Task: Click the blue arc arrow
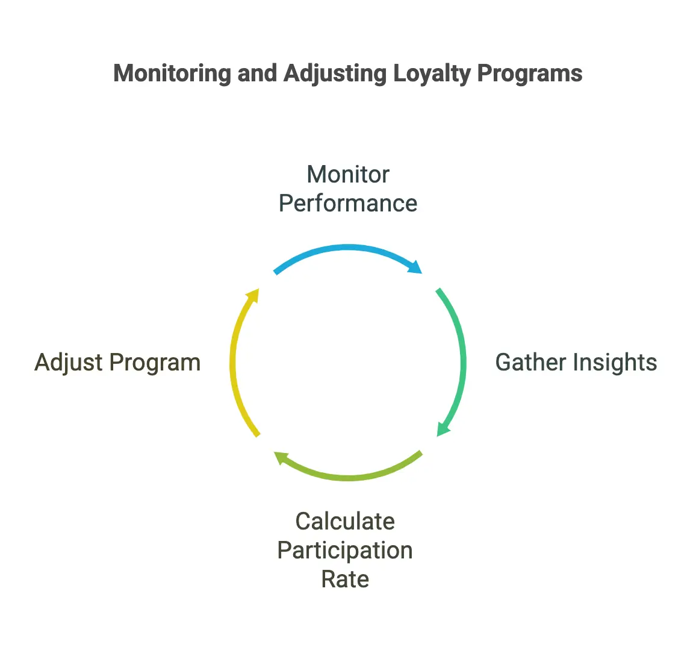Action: (x=348, y=247)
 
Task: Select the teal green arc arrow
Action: (x=463, y=362)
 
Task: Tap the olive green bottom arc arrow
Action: (x=348, y=478)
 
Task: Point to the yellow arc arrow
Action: (x=232, y=362)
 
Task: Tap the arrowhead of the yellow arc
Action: (x=253, y=295)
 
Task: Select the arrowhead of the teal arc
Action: (x=443, y=429)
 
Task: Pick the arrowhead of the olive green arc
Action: (x=281, y=457)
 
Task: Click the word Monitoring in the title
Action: (x=172, y=73)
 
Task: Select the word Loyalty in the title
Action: (x=432, y=73)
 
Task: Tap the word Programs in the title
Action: (x=530, y=73)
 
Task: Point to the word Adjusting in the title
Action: (x=335, y=73)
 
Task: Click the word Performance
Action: (x=348, y=204)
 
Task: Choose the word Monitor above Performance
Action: (x=348, y=174)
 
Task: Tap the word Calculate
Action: (x=345, y=521)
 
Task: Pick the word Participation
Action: (x=345, y=551)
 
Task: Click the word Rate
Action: (x=345, y=580)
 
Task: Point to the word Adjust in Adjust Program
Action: (x=69, y=363)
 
